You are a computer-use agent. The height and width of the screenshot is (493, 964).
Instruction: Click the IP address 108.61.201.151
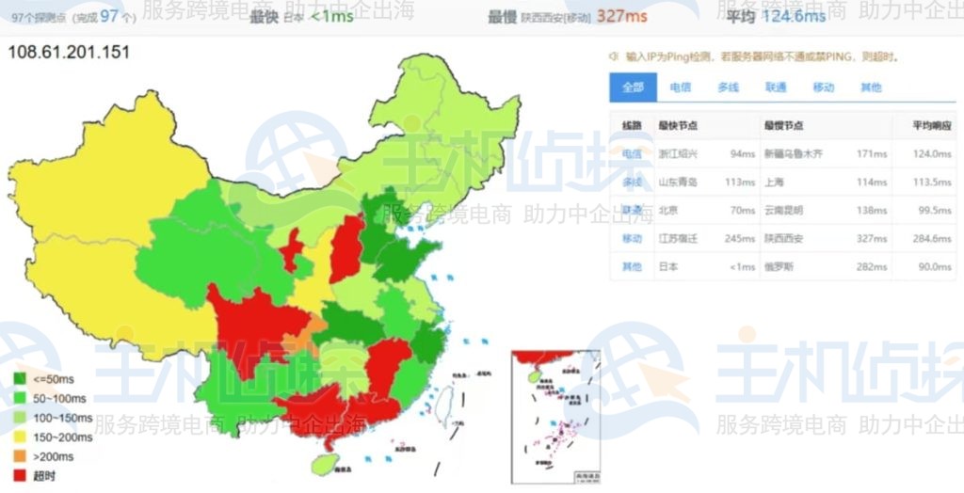pyautogui.click(x=69, y=52)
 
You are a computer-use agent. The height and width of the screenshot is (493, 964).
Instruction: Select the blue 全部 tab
pyautogui.click(x=633, y=87)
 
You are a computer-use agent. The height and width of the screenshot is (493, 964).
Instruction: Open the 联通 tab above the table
pyautogui.click(x=776, y=87)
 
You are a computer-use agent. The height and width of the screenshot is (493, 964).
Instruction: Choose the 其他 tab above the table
pyautogui.click(x=871, y=87)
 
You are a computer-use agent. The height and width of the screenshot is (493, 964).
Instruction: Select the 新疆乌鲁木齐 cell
pyautogui.click(x=793, y=153)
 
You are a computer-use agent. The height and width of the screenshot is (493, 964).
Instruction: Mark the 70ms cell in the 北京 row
pyautogui.click(x=745, y=210)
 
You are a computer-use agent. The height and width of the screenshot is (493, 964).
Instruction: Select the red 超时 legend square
pyautogui.click(x=20, y=475)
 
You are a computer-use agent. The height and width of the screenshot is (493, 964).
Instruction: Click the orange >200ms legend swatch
pyautogui.click(x=20, y=456)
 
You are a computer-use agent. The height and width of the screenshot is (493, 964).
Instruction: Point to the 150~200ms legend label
pyautogui.click(x=62, y=437)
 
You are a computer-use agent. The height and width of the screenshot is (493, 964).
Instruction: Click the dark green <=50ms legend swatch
pyautogui.click(x=20, y=380)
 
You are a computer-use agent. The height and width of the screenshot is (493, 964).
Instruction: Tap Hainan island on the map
pyautogui.click(x=323, y=464)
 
